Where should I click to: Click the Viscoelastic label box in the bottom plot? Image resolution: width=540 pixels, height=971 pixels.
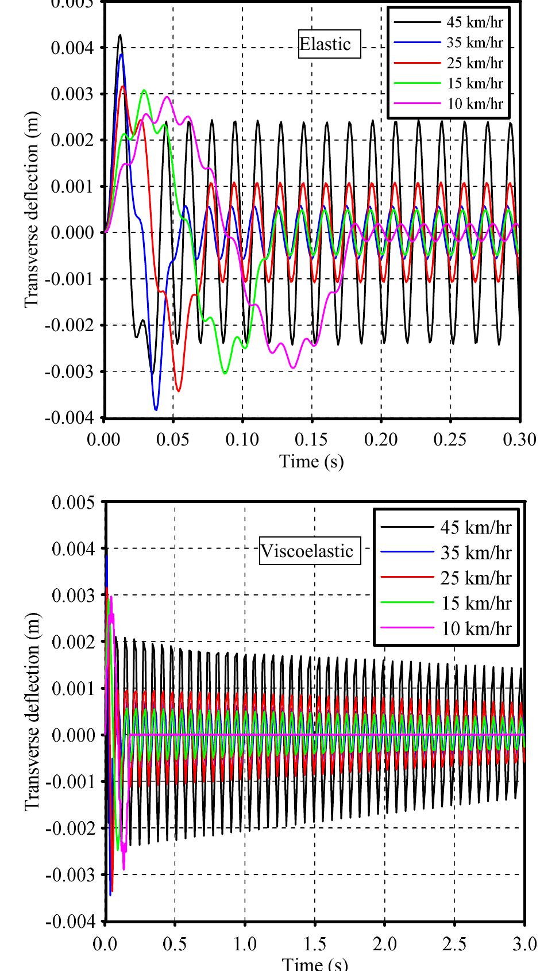[307, 551]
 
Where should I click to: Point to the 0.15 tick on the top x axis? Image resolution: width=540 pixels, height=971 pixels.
[312, 439]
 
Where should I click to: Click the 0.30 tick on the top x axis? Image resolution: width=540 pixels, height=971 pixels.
[520, 439]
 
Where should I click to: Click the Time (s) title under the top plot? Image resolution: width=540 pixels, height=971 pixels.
[311, 461]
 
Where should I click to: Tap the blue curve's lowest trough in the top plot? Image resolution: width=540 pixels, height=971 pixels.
[156, 410]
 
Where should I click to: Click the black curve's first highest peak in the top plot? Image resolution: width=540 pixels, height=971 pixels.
[120, 35]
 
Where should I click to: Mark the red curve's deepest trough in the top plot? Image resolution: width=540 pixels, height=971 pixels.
[179, 391]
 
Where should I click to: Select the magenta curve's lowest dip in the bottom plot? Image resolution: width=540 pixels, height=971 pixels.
[124, 870]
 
